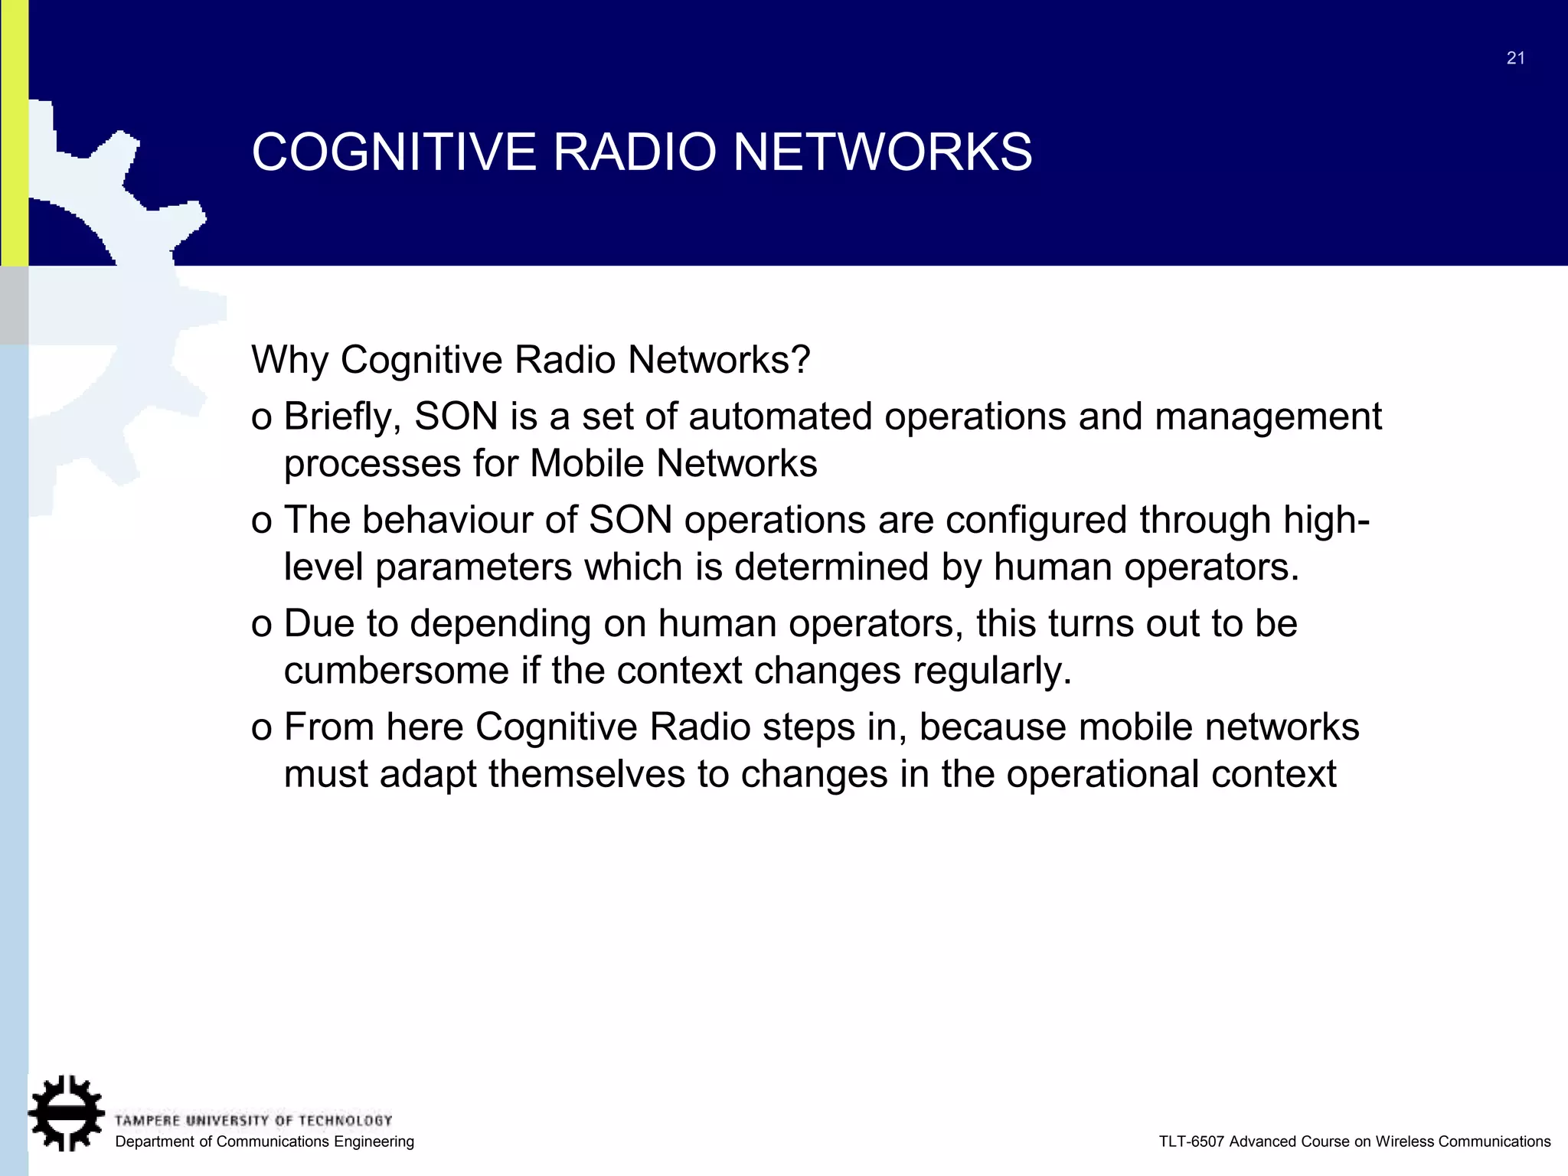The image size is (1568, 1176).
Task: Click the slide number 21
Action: [x=1515, y=58]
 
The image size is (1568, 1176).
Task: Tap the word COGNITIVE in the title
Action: [x=394, y=152]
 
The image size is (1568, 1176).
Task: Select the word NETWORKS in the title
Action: [x=883, y=152]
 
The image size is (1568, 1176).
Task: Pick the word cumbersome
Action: [x=396, y=671]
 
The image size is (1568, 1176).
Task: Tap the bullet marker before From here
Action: [x=261, y=728]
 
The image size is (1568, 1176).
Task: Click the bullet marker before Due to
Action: [x=261, y=625]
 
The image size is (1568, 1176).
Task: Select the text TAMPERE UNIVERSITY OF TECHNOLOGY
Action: [x=253, y=1121]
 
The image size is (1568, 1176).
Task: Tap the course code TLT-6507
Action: [x=1191, y=1142]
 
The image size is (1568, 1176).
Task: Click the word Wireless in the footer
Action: [x=1405, y=1142]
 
